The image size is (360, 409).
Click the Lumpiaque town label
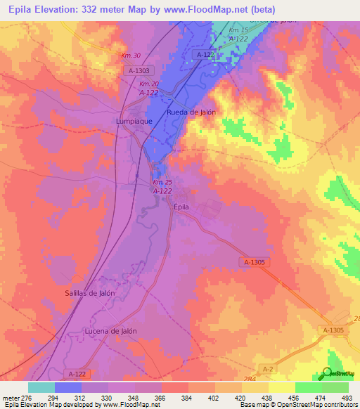click(134, 121)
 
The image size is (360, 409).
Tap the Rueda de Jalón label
click(191, 112)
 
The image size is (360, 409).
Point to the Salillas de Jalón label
click(91, 293)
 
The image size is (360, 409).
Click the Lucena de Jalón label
click(110, 330)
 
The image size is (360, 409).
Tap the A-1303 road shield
click(140, 71)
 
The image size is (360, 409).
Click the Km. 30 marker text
click(131, 56)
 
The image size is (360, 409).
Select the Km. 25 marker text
click(162, 183)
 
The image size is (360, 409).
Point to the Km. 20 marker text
click(148, 84)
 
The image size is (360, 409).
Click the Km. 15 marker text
click(239, 31)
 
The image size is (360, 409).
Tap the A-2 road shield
click(268, 368)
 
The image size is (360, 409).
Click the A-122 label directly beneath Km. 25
click(162, 190)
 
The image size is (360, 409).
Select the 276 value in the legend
click(27, 398)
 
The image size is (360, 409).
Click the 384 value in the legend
click(188, 398)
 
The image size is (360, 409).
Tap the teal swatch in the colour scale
click(41, 387)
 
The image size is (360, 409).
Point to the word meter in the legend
click(10, 398)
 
